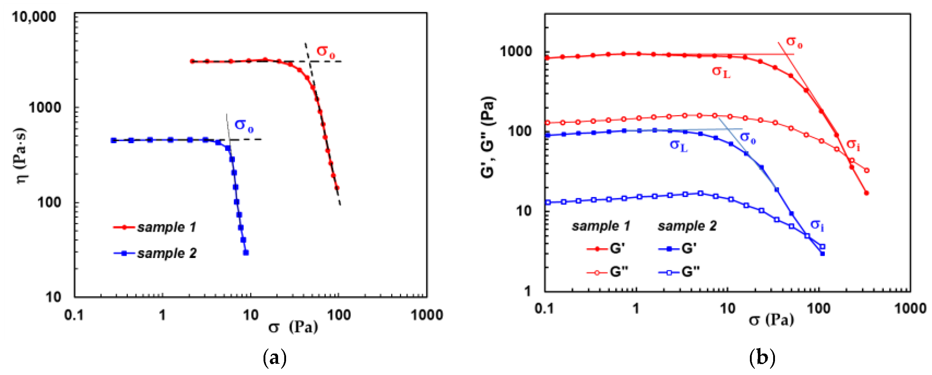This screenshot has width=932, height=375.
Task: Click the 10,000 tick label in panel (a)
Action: click(34, 17)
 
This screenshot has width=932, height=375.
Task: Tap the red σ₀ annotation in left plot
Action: click(325, 52)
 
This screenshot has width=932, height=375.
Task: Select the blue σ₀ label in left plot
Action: click(244, 125)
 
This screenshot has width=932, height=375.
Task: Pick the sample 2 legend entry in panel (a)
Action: click(156, 253)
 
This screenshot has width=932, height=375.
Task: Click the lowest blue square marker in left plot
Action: click(246, 253)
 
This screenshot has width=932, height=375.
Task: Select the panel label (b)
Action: click(762, 358)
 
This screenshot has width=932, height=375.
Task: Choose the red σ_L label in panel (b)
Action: click(721, 72)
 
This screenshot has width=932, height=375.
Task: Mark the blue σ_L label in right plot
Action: click(679, 146)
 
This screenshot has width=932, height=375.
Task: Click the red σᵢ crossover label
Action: click(853, 145)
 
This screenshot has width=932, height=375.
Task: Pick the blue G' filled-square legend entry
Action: click(678, 249)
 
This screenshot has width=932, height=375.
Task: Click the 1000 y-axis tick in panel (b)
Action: click(516, 51)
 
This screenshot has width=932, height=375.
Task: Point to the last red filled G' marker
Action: click(867, 193)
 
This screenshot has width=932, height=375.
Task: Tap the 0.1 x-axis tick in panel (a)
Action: click(74, 315)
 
